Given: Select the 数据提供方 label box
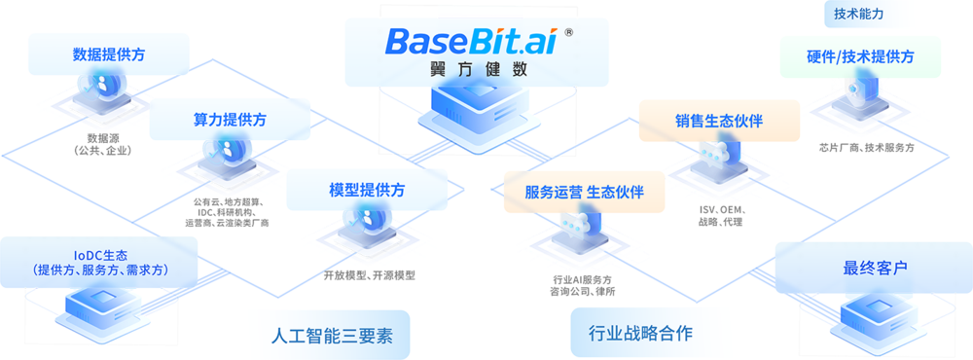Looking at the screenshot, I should tap(108, 54).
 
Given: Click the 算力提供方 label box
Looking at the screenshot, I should tap(229, 121).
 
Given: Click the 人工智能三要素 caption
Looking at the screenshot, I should tap(314, 335).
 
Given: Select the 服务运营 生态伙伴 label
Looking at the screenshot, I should tap(584, 192).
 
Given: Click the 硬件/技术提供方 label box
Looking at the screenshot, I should tap(860, 56).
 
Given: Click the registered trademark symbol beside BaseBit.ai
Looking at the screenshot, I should tap(568, 31).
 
